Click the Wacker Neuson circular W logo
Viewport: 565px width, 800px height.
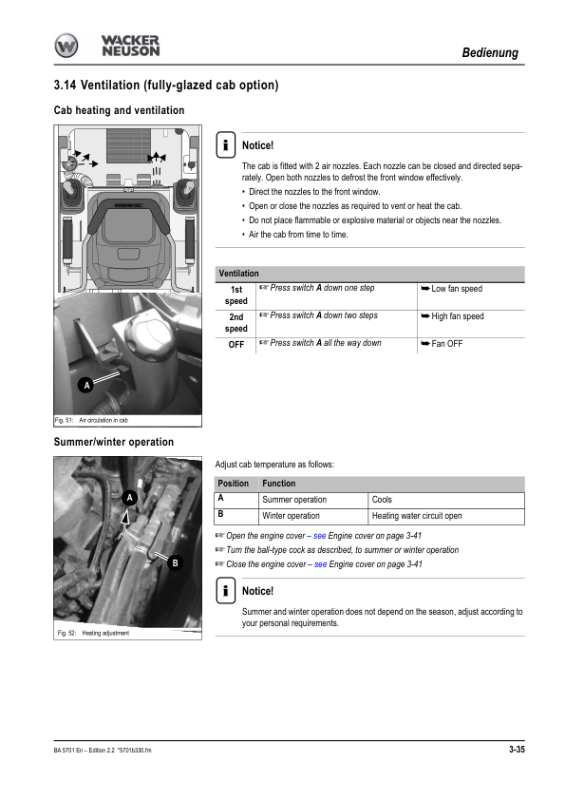66,46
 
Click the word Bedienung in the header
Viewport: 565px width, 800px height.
490,52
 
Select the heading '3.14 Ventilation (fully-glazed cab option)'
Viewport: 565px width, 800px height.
166,85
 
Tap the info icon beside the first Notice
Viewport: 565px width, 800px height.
225,144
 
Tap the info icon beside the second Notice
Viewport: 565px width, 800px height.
225,590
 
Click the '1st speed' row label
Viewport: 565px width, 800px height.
236,295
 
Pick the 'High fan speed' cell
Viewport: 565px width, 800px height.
458,316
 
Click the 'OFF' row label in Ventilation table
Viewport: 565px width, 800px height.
236,345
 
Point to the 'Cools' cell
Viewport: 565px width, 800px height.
382,500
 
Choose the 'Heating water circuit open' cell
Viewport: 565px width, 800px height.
417,516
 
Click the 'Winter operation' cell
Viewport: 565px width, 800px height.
291,516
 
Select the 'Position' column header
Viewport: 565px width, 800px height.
233,484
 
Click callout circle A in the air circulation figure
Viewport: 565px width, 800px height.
86,385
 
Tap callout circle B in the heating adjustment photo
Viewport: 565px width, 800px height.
175,563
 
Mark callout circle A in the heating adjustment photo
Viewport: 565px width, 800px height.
129,498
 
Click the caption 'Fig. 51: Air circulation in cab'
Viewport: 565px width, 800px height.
91,420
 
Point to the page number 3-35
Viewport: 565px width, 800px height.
517,750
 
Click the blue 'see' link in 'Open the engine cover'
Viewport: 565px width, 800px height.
320,536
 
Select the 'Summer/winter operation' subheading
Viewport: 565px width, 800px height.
114,442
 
